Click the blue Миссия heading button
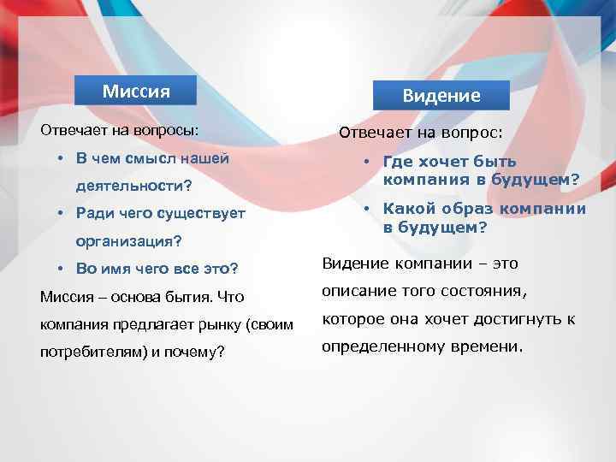(136, 91)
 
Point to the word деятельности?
(133, 186)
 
